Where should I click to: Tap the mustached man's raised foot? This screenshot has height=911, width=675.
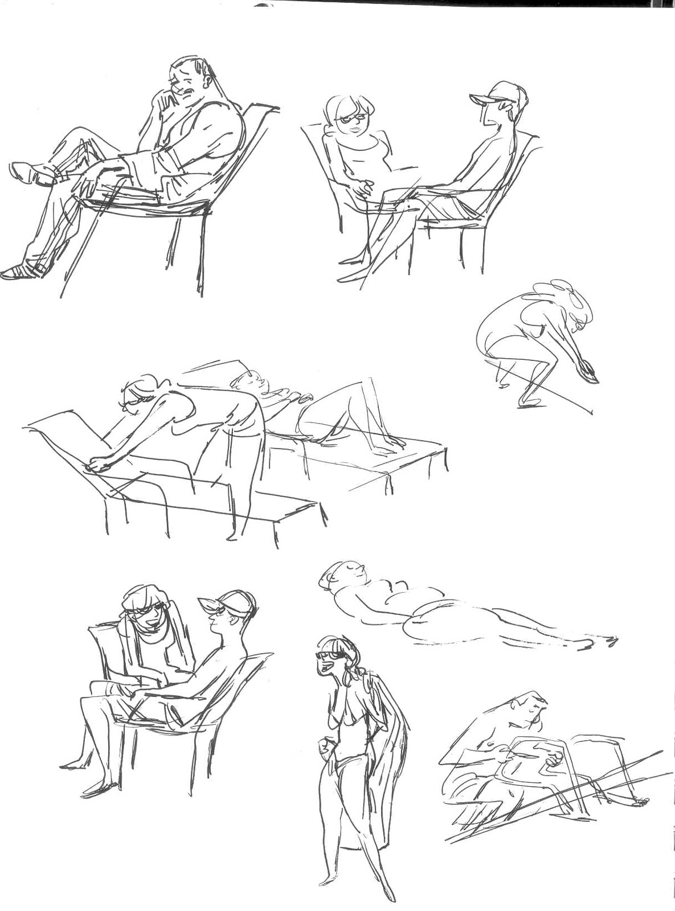point(28,173)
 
